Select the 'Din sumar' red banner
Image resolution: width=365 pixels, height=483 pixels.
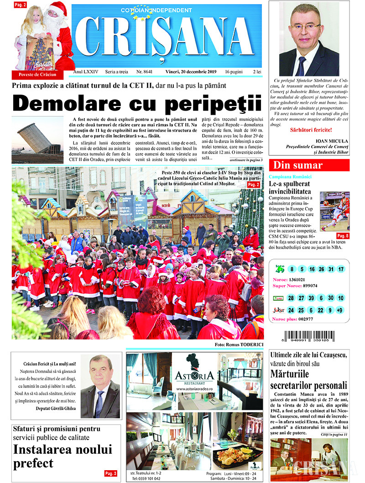pos(309,165)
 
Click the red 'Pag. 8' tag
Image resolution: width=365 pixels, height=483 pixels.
pos(343,236)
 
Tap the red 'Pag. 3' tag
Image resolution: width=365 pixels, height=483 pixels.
pos(111,473)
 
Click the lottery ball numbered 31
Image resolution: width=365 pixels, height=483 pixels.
pos(331,269)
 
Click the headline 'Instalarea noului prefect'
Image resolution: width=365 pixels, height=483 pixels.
pos(63,456)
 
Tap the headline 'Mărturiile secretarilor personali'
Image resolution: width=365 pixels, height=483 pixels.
pos(308,379)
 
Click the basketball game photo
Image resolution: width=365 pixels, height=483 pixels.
pos(334,212)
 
